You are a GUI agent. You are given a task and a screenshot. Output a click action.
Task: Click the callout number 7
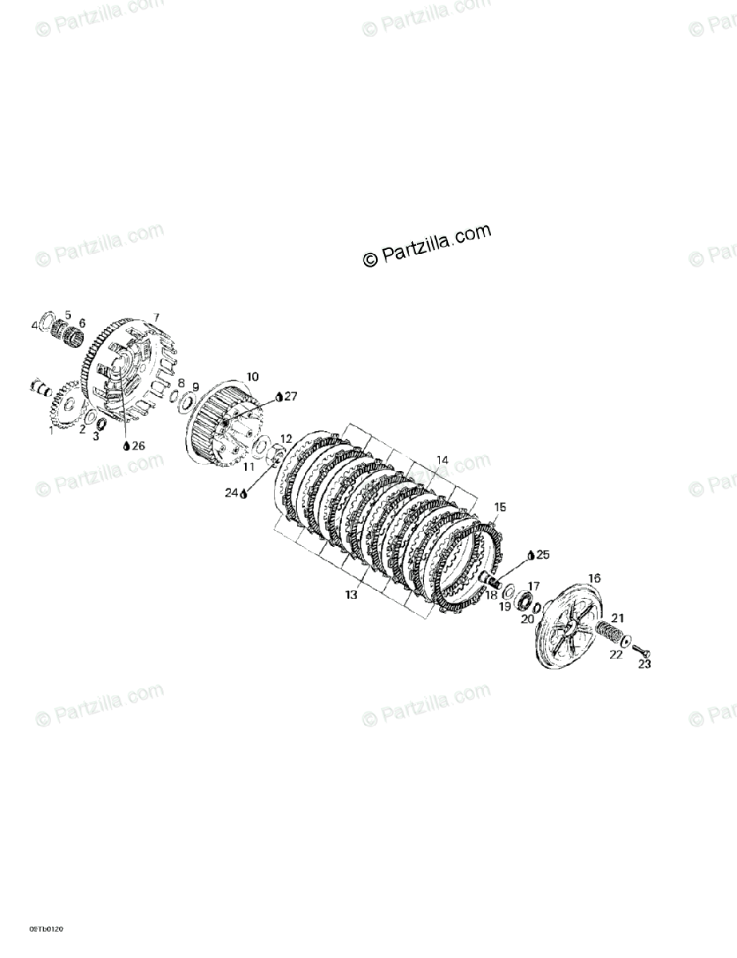pyautogui.click(x=157, y=317)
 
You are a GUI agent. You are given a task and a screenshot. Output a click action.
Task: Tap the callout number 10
pyautogui.click(x=252, y=376)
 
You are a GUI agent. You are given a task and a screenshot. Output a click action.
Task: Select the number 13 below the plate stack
pyautogui.click(x=351, y=595)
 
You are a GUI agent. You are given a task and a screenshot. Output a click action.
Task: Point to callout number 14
pyautogui.click(x=442, y=460)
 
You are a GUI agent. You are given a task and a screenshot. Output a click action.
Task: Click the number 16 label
pyautogui.click(x=594, y=578)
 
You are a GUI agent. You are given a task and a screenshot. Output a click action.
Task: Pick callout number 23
pyautogui.click(x=645, y=663)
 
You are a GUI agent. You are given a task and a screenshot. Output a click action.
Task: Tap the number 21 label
pyautogui.click(x=617, y=617)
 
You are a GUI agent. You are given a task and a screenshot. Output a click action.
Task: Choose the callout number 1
pyautogui.click(x=52, y=430)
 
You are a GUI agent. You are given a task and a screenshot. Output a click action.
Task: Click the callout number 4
pyautogui.click(x=34, y=325)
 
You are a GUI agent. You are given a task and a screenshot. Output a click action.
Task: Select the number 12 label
pyautogui.click(x=286, y=439)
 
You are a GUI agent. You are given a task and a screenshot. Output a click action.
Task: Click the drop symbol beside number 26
pyautogui.click(x=126, y=445)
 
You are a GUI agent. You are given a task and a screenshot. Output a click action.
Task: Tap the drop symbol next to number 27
pyautogui.click(x=279, y=397)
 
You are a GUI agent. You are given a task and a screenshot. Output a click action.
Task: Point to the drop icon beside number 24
pyautogui.click(x=244, y=494)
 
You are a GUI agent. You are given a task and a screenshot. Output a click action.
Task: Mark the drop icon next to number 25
pyautogui.click(x=531, y=554)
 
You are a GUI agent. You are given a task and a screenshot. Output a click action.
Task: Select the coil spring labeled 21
pyautogui.click(x=609, y=635)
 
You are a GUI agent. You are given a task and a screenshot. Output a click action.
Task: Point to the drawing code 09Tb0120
pyautogui.click(x=46, y=929)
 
